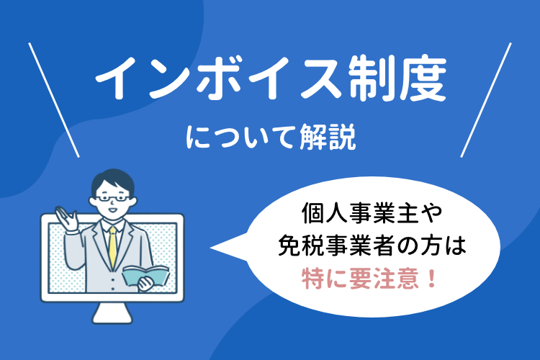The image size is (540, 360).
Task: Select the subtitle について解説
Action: point(270,136)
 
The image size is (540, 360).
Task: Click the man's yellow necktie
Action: point(112,246)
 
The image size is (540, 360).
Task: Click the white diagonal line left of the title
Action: point(53,99)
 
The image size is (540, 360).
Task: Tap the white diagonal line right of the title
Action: point(485,99)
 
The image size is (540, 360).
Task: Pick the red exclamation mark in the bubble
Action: point(433,277)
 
